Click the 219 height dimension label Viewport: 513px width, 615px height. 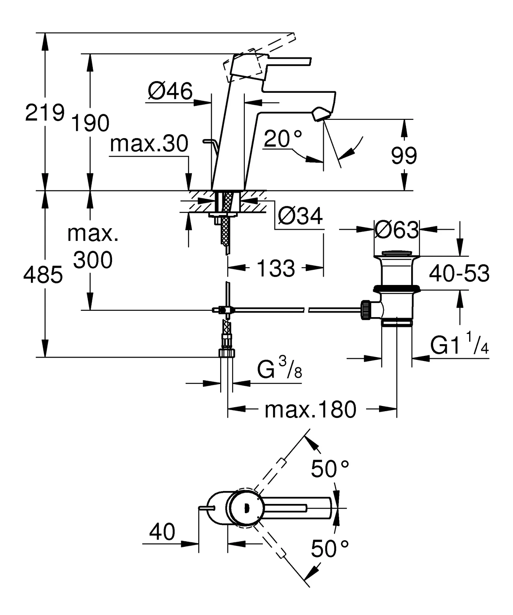(x=45, y=113)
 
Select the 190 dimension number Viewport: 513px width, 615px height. (x=90, y=123)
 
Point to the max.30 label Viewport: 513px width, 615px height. (x=149, y=144)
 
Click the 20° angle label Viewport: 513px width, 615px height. (x=283, y=139)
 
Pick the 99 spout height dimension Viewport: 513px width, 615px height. (x=404, y=156)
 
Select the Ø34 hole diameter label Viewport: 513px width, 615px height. (x=300, y=216)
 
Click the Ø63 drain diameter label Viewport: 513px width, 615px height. (x=396, y=230)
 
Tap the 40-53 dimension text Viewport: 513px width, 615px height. (x=459, y=274)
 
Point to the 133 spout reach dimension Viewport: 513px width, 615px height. (x=276, y=268)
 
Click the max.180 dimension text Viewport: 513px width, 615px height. (x=310, y=410)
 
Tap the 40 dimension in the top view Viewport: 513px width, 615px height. (x=162, y=531)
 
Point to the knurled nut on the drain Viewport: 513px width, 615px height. (x=366, y=310)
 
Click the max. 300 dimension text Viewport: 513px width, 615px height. (x=93, y=247)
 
